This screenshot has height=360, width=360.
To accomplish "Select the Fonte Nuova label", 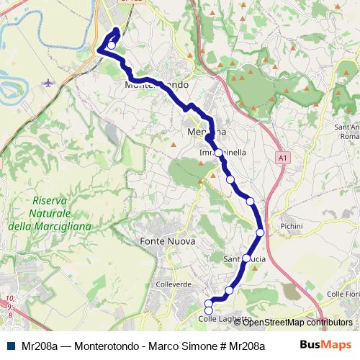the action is pos(168,242).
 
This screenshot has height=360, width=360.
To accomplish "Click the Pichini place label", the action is pos(292,226).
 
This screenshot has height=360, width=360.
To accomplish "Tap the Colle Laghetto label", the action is pos(225,319).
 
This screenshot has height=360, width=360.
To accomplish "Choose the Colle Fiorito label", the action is pos(343,294).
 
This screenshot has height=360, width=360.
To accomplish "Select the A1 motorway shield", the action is pos(282,156).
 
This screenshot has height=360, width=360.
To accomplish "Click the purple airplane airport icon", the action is pos(48,82).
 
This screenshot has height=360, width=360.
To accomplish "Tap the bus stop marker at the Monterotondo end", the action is pos(112,45).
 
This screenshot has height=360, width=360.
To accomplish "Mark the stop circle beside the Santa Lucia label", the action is pos(246,258).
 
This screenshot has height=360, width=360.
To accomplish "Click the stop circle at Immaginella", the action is pos(218,153).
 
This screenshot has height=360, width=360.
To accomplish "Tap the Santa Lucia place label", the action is pos(246,258).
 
